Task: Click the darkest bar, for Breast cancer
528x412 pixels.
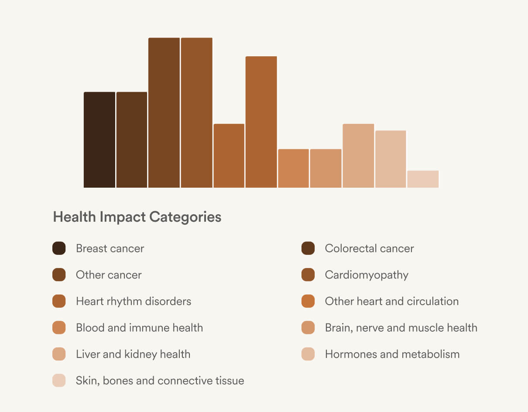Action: pyautogui.click(x=99, y=140)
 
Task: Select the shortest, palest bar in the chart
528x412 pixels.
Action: pyautogui.click(x=423, y=179)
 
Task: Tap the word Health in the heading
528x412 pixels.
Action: pyautogui.click(x=75, y=217)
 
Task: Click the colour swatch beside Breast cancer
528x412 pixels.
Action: pyautogui.click(x=59, y=248)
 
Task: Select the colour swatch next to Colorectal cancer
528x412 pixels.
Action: pyautogui.click(x=308, y=248)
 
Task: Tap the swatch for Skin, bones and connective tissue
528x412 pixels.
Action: pyautogui.click(x=59, y=381)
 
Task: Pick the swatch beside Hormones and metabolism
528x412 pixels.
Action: pyautogui.click(x=308, y=354)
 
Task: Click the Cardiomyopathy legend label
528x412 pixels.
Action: pyautogui.click(x=367, y=275)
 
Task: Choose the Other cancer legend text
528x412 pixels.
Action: pyautogui.click(x=109, y=275)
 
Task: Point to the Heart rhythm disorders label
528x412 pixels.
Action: pyautogui.click(x=134, y=301)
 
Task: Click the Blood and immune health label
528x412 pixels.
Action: pyautogui.click(x=139, y=328)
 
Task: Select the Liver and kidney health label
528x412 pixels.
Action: pyautogui.click(x=133, y=354)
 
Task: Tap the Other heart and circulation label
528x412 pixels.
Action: pyautogui.click(x=391, y=301)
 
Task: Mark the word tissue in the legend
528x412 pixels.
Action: pyautogui.click(x=230, y=381)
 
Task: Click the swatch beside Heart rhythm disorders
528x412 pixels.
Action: pyautogui.click(x=59, y=301)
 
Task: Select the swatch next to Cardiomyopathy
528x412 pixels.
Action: pyautogui.click(x=308, y=275)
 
